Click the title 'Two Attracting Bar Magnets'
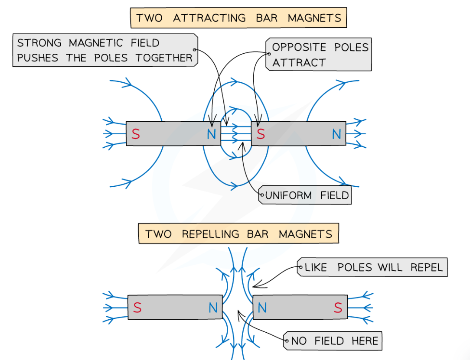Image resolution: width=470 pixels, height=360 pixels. click(238, 18)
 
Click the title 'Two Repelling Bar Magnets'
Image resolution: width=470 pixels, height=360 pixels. click(238, 234)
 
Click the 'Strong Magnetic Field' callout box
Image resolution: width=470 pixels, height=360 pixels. click(105, 50)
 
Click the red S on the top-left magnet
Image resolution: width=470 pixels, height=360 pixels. click(136, 134)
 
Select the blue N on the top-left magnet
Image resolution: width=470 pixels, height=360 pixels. click(211, 134)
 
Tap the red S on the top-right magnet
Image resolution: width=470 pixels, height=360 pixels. click(261, 134)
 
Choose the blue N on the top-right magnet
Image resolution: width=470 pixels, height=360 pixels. click(336, 134)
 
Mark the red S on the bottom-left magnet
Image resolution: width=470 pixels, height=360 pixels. click(137, 308)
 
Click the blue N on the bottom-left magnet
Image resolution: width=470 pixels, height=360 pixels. click(213, 308)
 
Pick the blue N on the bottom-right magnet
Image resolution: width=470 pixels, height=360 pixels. click(262, 308)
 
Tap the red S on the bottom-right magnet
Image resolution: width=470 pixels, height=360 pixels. click(338, 308)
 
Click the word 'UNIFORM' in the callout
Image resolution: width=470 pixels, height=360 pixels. click(289, 195)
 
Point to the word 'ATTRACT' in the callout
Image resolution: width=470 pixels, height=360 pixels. click(299, 62)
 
